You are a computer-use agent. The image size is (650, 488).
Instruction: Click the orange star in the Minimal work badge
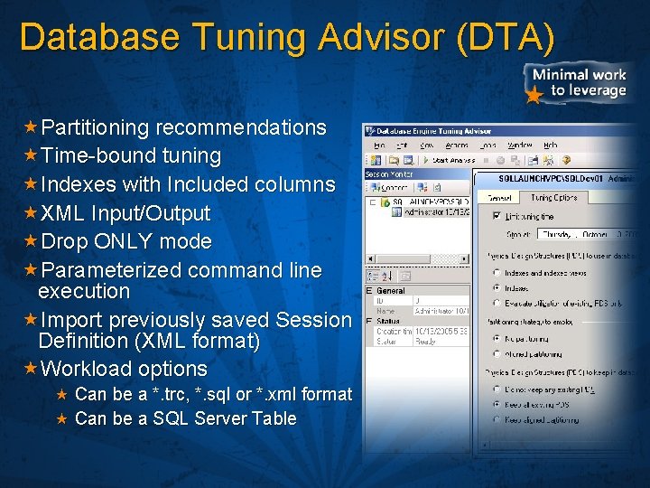(534, 93)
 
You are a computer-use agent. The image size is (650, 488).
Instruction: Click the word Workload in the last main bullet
(86, 369)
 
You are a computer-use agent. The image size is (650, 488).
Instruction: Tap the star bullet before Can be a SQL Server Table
(61, 418)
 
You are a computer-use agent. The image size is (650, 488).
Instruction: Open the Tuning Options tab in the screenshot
(553, 197)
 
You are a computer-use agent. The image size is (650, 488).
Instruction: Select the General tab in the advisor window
(499, 197)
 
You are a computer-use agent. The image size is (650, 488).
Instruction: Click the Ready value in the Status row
(426, 342)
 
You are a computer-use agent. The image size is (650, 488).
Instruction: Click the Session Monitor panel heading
(389, 174)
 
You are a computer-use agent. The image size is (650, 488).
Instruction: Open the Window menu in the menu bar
(519, 145)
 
